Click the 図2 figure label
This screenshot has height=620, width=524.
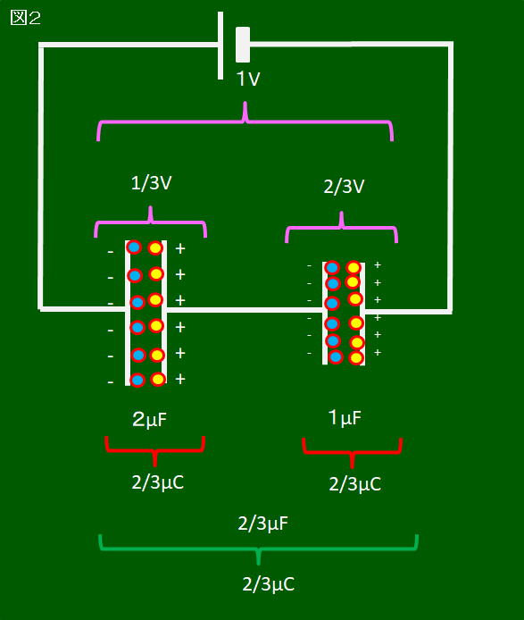tap(25, 18)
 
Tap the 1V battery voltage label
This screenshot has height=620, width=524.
tap(248, 79)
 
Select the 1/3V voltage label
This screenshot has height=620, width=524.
tap(152, 183)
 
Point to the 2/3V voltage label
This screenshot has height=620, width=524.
tap(344, 186)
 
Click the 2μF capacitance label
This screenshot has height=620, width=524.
tap(149, 420)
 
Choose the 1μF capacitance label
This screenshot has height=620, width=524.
tap(345, 417)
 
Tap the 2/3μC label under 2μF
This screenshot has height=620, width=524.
tap(158, 482)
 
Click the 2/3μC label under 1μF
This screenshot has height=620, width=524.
tap(355, 484)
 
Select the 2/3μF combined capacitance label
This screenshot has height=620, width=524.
tap(262, 524)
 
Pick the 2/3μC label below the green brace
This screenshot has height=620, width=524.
tap(269, 584)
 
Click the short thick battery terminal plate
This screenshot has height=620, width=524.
tap(243, 45)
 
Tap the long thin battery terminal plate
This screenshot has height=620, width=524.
tap(220, 46)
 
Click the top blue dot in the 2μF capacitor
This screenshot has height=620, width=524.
tap(134, 247)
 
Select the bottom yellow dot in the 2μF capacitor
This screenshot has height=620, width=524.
tap(158, 380)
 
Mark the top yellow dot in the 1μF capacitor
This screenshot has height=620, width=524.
tap(353, 268)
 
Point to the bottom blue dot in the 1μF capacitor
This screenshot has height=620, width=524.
tap(336, 357)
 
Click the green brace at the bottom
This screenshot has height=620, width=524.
tap(259, 549)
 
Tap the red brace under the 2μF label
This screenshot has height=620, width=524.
tap(154, 450)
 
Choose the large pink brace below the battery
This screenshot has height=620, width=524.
tap(245, 121)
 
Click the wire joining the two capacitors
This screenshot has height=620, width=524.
tap(245, 310)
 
